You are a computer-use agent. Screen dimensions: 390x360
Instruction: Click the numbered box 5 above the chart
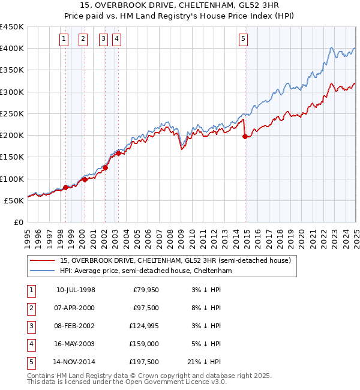click(x=243, y=40)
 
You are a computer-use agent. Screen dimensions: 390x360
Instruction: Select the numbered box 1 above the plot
click(x=64, y=40)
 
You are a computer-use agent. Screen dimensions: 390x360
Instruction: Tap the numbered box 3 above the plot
click(x=103, y=40)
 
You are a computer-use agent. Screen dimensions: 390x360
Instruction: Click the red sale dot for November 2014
click(x=245, y=136)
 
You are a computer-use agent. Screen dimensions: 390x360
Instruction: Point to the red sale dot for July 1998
click(x=65, y=187)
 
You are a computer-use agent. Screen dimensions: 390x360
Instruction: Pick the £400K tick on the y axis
click(x=12, y=48)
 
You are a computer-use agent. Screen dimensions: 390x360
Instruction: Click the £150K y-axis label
click(x=12, y=157)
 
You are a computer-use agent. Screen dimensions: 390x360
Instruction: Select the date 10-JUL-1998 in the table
click(x=76, y=290)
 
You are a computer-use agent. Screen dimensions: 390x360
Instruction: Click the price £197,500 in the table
click(x=143, y=362)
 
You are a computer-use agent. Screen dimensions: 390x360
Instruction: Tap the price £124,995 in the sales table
click(x=143, y=326)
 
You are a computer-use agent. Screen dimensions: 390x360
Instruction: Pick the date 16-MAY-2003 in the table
click(x=76, y=344)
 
